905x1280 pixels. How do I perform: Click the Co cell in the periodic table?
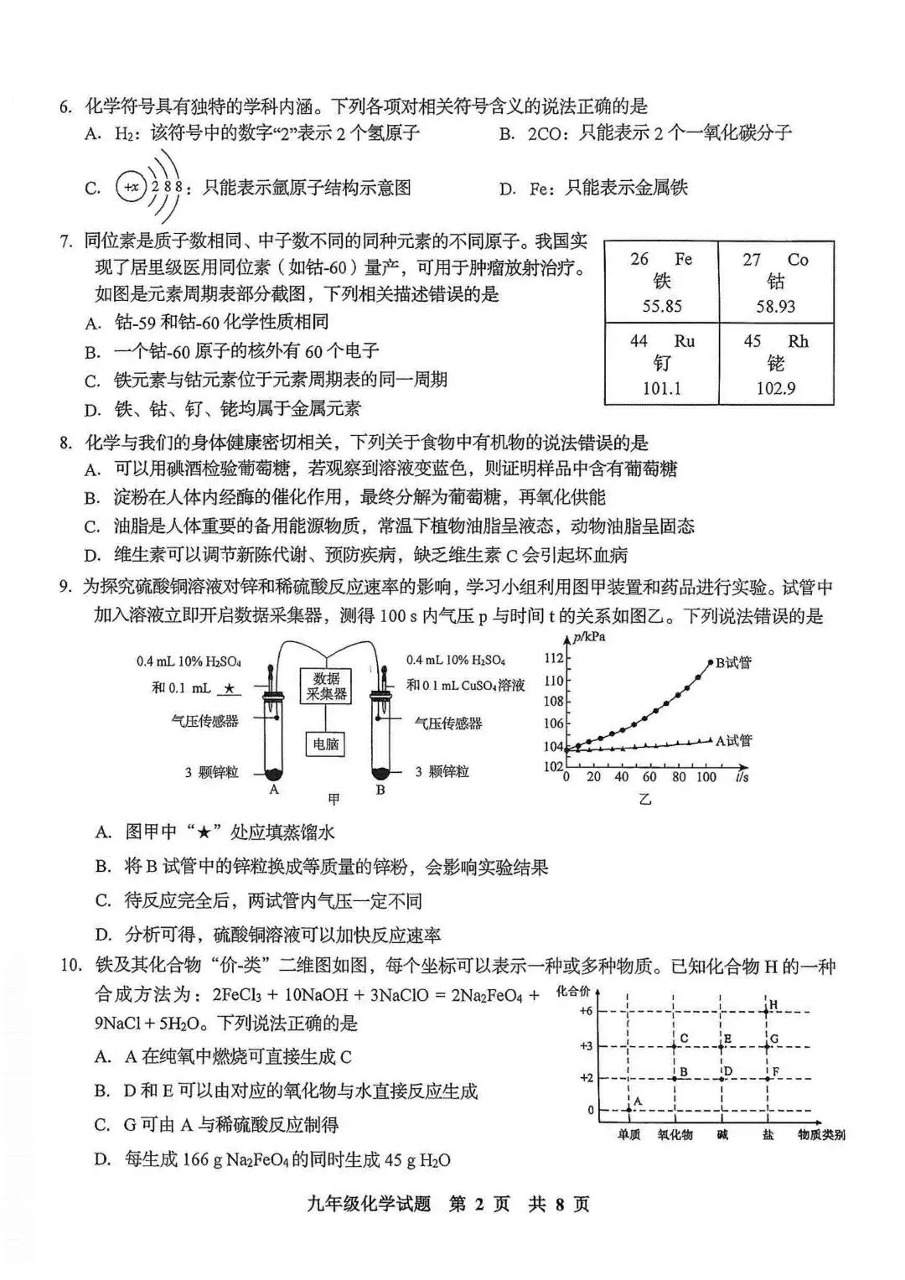click(776, 282)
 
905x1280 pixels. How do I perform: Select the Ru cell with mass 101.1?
click(662, 364)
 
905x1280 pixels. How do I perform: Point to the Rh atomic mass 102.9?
click(776, 388)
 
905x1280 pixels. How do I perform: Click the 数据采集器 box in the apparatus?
click(326, 686)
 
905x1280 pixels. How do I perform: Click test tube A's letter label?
click(273, 790)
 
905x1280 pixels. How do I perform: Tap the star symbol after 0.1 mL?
click(230, 688)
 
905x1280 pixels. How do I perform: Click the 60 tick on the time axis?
click(649, 777)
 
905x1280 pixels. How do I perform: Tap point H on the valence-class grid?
click(773, 1004)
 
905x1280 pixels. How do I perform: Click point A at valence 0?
click(637, 1101)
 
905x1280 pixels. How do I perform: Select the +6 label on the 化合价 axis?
click(587, 1011)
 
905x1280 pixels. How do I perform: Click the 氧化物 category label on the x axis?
click(675, 1135)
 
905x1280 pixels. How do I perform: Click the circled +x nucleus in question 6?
click(131, 187)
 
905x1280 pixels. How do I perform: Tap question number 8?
click(65, 443)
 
